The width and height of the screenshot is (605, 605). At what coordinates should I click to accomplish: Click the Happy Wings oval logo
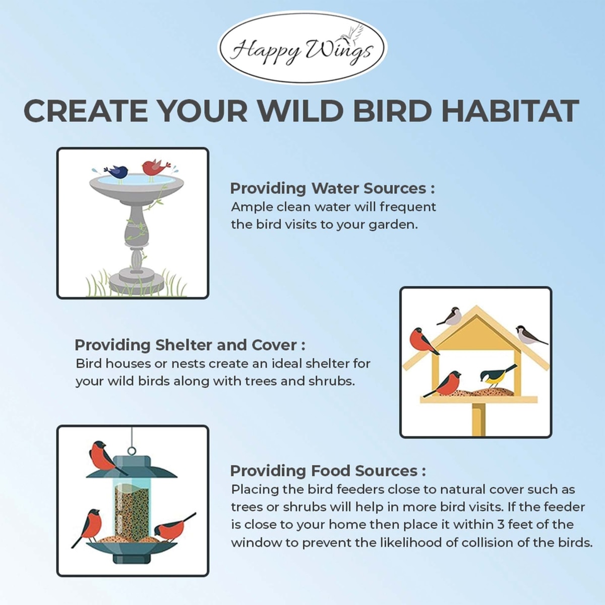[302, 47]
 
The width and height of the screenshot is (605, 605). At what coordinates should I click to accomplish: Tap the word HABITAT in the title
[510, 111]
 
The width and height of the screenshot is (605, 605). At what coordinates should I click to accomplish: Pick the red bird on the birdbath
[154, 169]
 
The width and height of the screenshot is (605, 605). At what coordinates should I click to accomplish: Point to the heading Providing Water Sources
[332, 189]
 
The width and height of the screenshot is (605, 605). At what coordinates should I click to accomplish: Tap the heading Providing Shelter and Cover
[190, 345]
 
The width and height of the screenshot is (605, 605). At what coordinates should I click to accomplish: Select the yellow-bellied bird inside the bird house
[498, 376]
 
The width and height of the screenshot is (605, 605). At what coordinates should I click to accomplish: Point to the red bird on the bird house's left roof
[423, 342]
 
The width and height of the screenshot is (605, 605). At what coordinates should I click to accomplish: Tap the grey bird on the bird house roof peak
[450, 317]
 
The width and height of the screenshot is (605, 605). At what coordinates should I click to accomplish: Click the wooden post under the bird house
[479, 419]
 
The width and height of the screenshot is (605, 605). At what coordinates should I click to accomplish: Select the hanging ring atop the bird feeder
[132, 451]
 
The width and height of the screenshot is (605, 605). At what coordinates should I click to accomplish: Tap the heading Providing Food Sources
[328, 471]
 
